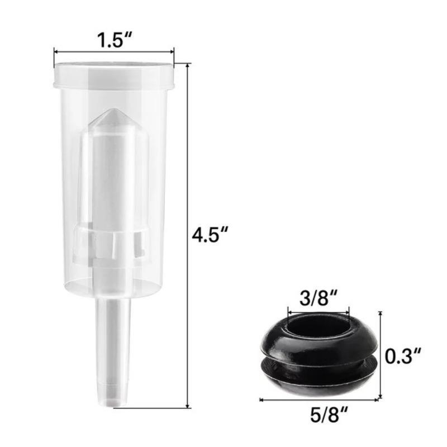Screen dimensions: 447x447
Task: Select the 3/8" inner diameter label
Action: point(318,298)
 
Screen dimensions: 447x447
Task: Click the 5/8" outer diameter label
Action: point(329,415)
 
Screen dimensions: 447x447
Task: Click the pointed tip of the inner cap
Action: point(115,110)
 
